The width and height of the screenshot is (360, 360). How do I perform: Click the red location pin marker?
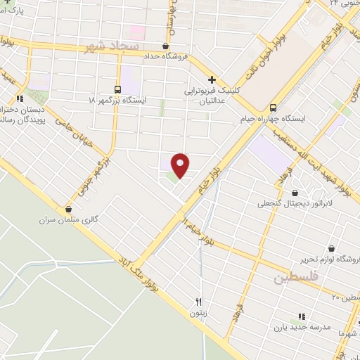tap(181, 165)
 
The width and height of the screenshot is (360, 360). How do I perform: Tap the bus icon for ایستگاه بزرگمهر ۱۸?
tap(117, 89)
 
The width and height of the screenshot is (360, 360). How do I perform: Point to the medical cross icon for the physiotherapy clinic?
tap(212, 79)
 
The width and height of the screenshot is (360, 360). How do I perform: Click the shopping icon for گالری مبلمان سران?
tap(68, 209)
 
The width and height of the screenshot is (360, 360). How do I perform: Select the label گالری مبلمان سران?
tap(69, 220)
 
